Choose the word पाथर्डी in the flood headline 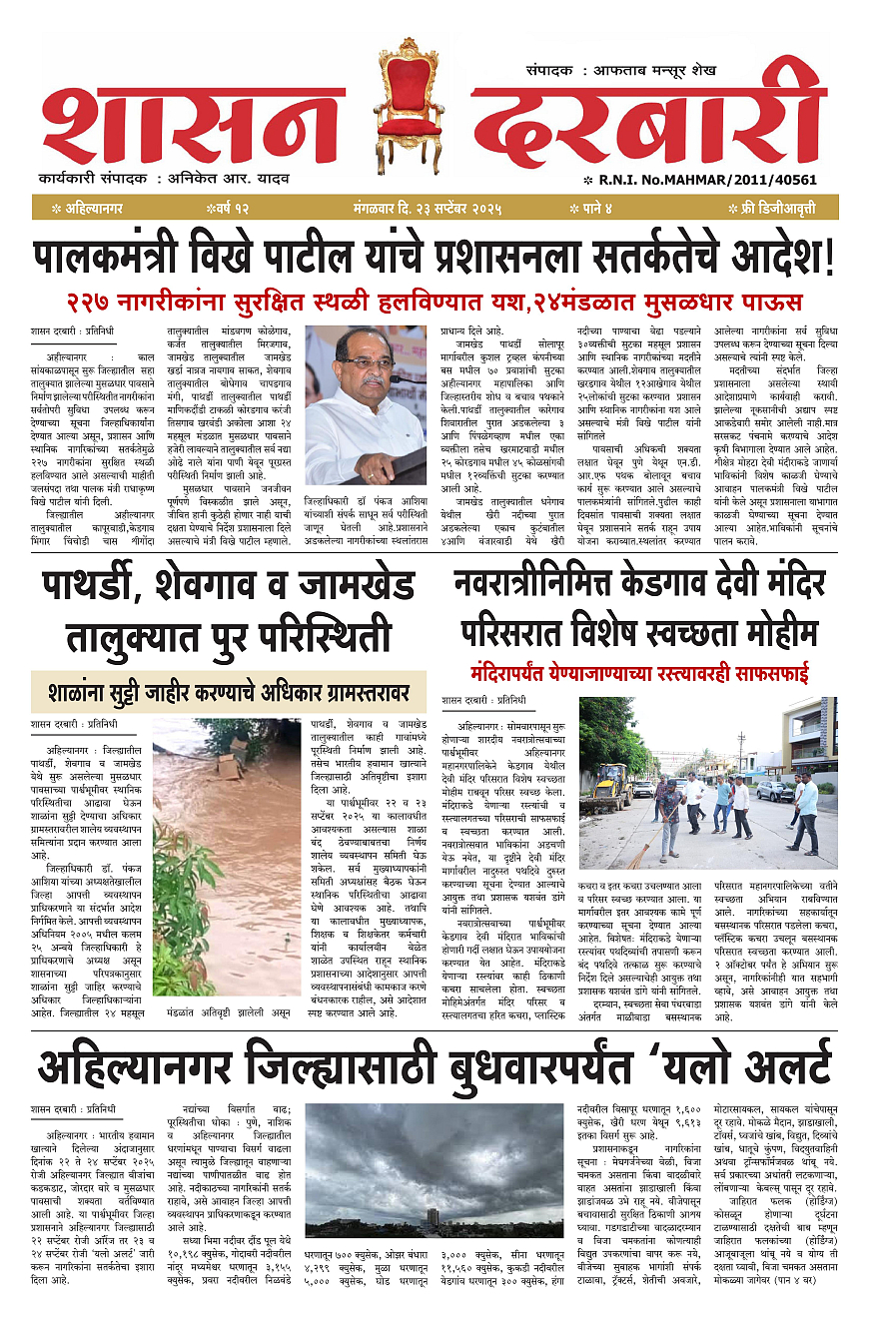(105, 587)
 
